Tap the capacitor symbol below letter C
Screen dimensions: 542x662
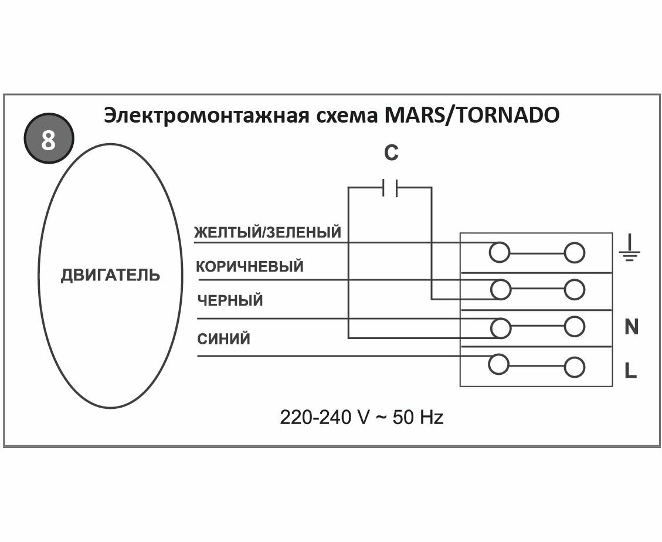[x=390, y=188]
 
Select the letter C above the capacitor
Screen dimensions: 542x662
[x=391, y=153]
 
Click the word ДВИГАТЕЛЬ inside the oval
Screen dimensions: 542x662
[x=110, y=275]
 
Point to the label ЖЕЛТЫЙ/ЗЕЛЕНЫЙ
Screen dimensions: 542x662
[x=268, y=232]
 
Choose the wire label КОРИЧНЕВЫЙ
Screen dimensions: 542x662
[x=250, y=266]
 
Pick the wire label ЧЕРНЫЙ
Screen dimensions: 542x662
[x=230, y=301]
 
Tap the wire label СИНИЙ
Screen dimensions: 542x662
[x=223, y=339]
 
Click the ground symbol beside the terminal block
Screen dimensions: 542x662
[x=629, y=249]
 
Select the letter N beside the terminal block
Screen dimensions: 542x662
[x=631, y=327]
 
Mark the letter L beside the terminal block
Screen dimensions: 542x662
[x=630, y=371]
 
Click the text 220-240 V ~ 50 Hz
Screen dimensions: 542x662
[x=361, y=418]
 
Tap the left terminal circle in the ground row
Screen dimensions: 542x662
[x=499, y=253]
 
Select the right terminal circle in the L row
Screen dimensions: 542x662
[x=575, y=368]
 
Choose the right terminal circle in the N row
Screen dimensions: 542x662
[x=575, y=327]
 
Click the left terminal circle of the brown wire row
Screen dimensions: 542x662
[x=500, y=289]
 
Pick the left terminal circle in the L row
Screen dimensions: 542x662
[x=498, y=364]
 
